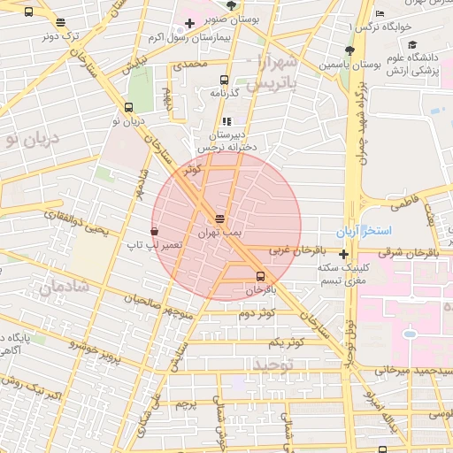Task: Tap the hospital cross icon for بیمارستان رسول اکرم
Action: (188, 22)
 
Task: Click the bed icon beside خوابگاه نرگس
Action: (380, 13)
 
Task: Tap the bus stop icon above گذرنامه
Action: (223, 79)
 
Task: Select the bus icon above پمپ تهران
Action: (219, 218)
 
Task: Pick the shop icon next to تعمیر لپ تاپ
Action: (155, 231)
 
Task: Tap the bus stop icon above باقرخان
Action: (259, 275)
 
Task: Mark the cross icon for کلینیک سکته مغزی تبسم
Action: (343, 255)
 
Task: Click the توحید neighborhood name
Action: (273, 364)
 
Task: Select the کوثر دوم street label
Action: (257, 313)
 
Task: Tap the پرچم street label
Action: (184, 404)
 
